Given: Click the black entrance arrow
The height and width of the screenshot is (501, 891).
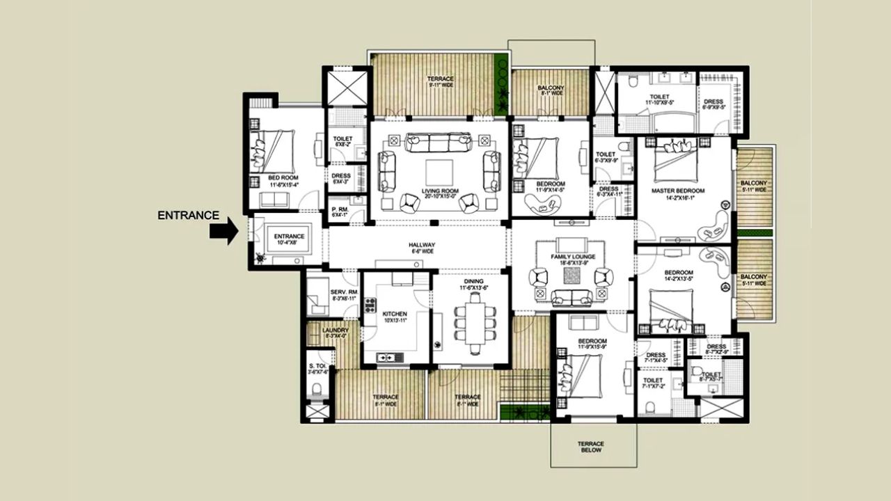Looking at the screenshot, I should click(223, 232).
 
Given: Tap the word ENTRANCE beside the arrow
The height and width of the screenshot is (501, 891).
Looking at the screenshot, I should click(188, 216).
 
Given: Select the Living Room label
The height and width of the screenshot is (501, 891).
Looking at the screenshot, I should click(439, 191).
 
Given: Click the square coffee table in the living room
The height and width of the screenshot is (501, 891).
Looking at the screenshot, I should click(439, 172).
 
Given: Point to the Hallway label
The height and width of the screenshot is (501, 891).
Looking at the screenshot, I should click(422, 246).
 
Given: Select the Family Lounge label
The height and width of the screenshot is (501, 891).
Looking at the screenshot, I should click(571, 257).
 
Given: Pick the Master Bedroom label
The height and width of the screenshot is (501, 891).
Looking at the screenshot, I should click(678, 191).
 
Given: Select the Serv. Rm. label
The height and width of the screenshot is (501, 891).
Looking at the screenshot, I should click(343, 292).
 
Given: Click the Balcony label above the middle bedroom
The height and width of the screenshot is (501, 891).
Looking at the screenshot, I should click(551, 88).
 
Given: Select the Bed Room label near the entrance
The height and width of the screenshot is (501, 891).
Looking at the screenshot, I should click(283, 178).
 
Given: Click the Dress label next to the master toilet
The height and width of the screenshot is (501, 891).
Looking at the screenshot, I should click(713, 102).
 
